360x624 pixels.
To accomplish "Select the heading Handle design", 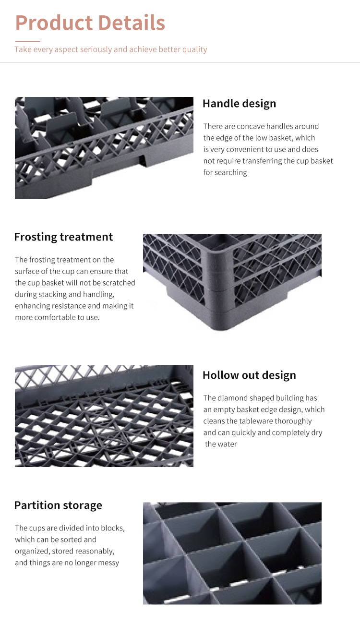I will point(239,104).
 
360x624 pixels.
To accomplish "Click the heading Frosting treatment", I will point(63,237).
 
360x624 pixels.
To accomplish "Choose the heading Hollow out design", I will point(249,375).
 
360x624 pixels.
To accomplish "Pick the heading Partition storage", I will point(58,505).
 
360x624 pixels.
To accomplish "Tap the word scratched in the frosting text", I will point(120,283).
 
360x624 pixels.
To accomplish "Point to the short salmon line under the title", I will point(27,41).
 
